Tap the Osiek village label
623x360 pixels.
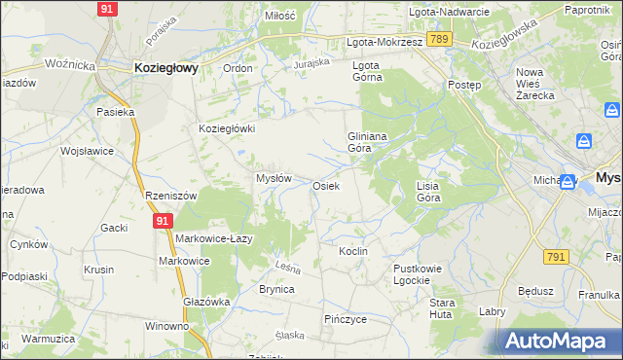pyautogui.click(x=325, y=186)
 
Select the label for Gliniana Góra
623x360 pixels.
pyautogui.click(x=368, y=143)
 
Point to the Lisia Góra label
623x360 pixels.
pyautogui.click(x=428, y=191)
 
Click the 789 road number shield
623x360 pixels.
pyautogui.click(x=440, y=39)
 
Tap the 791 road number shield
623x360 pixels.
pyautogui.click(x=556, y=256)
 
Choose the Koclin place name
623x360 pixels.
pyautogui.click(x=352, y=251)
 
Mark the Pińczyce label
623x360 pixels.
pyautogui.click(x=345, y=318)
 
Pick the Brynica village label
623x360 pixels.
pyautogui.click(x=276, y=289)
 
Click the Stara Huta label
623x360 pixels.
pyautogui.click(x=442, y=308)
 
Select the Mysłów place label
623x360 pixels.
pyautogui.click(x=274, y=178)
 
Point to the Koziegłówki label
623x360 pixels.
pyautogui.click(x=227, y=128)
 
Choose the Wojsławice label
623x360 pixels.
pyautogui.click(x=88, y=152)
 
